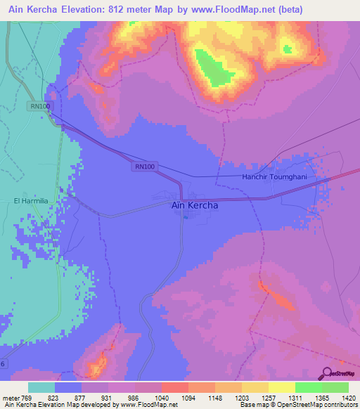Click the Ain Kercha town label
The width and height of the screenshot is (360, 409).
[195, 206]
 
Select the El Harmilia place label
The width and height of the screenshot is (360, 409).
[31, 200]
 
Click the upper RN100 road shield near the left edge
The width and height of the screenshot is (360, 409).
[40, 106]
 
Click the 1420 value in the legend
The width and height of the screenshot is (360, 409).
[347, 398]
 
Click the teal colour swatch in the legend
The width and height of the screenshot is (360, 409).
[41, 387]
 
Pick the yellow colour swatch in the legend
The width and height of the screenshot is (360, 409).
[281, 387]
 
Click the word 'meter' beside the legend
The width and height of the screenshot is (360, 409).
[10, 398]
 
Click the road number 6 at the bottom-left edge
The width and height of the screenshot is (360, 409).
[3, 363]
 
